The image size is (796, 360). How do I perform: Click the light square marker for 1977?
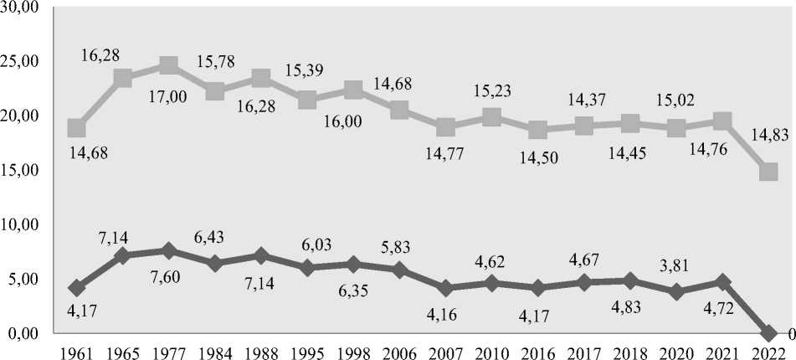168,65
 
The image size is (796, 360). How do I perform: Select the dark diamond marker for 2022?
768,333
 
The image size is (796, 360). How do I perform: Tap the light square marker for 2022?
768,172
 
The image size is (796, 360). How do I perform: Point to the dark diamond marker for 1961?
77,288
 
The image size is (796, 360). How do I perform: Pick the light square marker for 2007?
445,127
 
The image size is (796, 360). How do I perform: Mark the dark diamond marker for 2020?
676,291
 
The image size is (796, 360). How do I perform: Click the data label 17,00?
168,97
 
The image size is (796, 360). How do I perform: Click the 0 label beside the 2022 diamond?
789,333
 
